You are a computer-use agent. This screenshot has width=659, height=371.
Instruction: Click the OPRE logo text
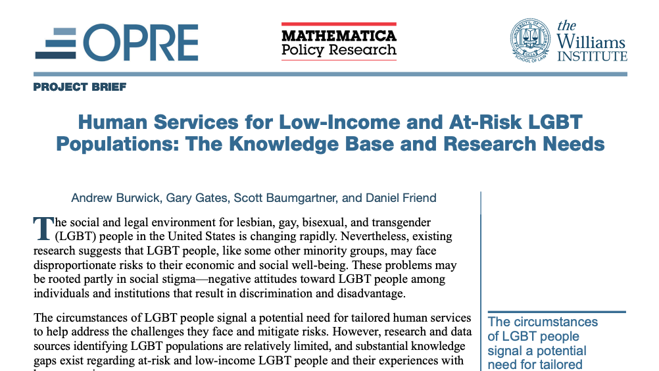(142, 43)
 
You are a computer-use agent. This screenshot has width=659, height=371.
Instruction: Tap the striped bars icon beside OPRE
(57, 43)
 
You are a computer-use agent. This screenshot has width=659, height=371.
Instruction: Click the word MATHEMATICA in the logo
(339, 35)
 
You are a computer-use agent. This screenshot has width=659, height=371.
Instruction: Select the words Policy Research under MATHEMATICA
(339, 50)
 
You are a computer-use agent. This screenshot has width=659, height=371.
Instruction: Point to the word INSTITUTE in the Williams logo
(592, 57)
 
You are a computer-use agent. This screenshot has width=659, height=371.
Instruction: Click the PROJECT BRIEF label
(80, 87)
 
